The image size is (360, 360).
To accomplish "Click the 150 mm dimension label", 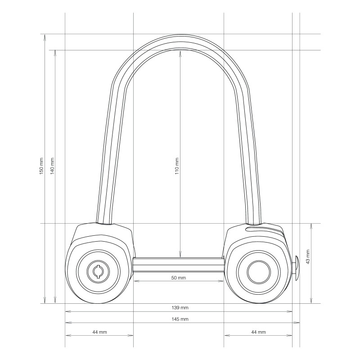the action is [x=41, y=166].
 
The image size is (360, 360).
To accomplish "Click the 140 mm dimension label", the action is [x=52, y=166].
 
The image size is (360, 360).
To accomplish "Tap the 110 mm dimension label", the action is [x=177, y=166].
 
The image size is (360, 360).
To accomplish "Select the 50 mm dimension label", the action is [x=179, y=278].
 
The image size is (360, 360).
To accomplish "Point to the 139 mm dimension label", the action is [x=180, y=308].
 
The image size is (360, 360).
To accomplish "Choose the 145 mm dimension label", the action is [x=180, y=319].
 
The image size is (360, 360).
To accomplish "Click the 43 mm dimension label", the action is [x=308, y=256].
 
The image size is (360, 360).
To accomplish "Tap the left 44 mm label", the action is [x=99, y=332].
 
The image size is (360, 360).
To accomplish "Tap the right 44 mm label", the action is [x=258, y=332].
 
